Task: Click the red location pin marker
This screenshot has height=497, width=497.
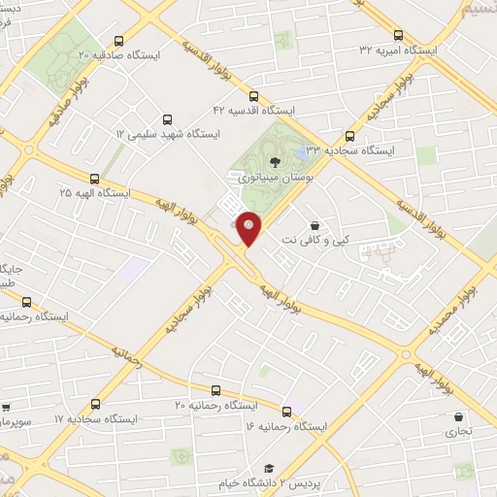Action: coord(249,228)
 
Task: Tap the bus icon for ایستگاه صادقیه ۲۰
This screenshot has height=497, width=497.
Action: coord(118,41)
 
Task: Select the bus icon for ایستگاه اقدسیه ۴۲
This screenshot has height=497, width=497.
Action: coord(253,96)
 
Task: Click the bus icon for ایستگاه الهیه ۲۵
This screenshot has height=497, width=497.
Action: coord(94,179)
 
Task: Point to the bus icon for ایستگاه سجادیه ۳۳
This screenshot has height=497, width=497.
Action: coord(349,137)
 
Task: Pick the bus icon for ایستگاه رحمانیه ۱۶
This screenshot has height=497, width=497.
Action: coord(286,412)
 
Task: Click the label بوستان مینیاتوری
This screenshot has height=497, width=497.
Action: coord(269,179)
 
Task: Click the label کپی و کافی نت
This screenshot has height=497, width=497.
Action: coord(315,239)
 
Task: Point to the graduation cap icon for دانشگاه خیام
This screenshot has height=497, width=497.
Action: coord(269,468)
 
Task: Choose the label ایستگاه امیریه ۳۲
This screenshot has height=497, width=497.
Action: coord(397,50)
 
